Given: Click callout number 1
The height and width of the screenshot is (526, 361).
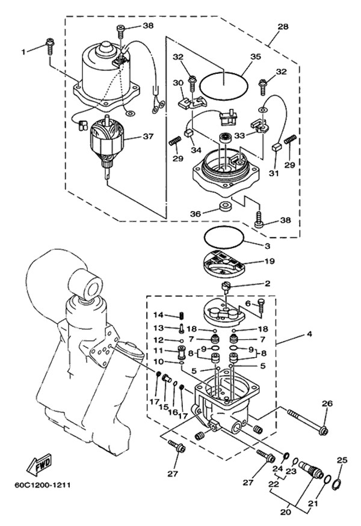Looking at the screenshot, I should (24, 52).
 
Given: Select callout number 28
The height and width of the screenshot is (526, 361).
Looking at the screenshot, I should (283, 27).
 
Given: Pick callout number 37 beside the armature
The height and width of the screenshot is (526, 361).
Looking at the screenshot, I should (148, 136).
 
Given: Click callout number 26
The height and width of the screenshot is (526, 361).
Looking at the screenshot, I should (327, 403).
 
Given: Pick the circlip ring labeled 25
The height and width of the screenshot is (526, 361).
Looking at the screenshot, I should (338, 482).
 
